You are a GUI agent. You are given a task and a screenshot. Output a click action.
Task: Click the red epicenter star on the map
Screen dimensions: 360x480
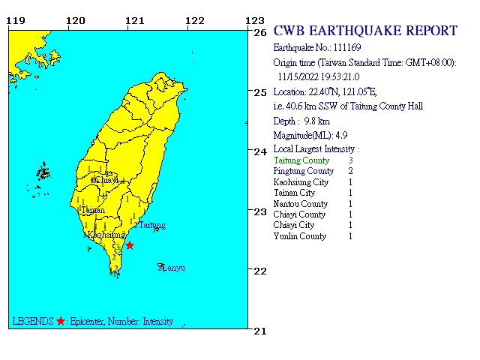130,245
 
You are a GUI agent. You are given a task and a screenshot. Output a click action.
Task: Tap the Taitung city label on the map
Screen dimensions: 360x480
152,225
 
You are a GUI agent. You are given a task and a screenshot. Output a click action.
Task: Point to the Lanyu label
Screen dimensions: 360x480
174,268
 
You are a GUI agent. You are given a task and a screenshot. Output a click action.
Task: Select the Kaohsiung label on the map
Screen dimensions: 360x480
106,235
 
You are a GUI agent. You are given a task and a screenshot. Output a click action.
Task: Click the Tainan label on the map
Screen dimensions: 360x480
92,210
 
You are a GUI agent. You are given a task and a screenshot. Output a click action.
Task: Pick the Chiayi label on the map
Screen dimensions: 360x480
105,181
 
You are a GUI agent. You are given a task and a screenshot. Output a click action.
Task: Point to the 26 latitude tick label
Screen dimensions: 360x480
260,33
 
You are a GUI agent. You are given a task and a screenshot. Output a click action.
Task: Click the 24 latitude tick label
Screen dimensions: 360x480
260,152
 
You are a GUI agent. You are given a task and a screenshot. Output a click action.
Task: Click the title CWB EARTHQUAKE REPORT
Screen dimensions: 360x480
365,31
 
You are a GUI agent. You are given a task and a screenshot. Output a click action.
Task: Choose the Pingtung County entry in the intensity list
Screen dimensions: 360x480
304,171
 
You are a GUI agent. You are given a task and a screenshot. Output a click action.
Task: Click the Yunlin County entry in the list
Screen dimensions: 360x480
300,236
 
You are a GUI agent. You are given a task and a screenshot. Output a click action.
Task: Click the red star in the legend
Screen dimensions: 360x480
61,322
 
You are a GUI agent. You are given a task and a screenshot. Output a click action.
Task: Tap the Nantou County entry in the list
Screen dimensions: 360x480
301,204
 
